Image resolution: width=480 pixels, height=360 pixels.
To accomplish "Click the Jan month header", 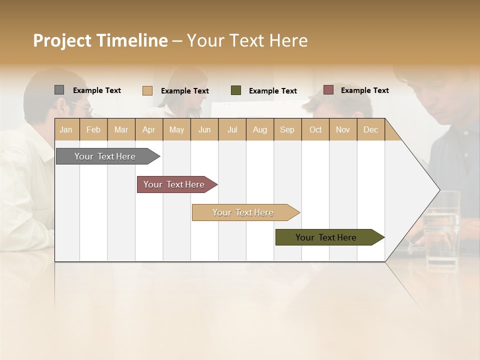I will pyautogui.click(x=66, y=130).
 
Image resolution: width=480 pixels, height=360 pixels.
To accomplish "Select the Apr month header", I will pyautogui.click(x=149, y=130).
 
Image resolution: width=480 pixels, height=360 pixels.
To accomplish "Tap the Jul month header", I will pyautogui.click(x=232, y=130).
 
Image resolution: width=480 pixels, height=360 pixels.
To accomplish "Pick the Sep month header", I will pyautogui.click(x=287, y=130).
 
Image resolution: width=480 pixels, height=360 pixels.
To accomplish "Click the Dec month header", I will pyautogui.click(x=370, y=130).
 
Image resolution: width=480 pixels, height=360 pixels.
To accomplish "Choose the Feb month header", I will pyautogui.click(x=93, y=130).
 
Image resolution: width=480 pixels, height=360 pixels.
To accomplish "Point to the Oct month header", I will pyautogui.click(x=315, y=130).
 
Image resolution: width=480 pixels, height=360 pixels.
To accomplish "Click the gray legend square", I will pyautogui.click(x=59, y=90).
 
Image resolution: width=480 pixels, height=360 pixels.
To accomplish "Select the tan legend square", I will pyautogui.click(x=147, y=90).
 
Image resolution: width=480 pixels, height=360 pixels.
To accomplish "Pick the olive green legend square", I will pyautogui.click(x=236, y=90).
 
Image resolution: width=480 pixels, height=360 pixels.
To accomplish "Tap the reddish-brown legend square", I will pyautogui.click(x=328, y=90).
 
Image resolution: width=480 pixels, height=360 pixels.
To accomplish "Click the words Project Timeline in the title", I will pyautogui.click(x=100, y=40).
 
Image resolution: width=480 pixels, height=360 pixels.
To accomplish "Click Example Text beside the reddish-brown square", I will pyautogui.click(x=364, y=90).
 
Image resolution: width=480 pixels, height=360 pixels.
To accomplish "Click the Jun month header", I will pyautogui.click(x=204, y=130).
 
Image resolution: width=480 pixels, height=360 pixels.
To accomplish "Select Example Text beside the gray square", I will pyautogui.click(x=96, y=90).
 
